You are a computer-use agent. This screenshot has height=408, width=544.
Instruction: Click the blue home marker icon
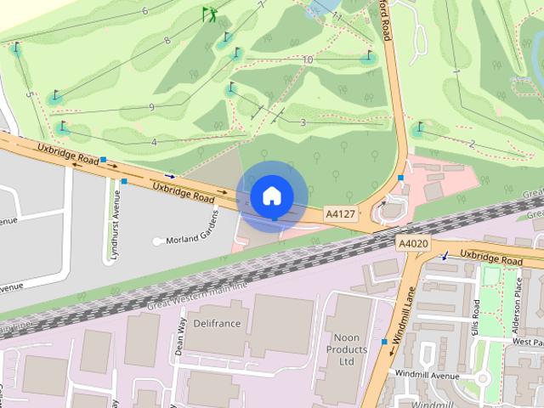tap(271, 196)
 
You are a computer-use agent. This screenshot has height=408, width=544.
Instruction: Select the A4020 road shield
tap(413, 244)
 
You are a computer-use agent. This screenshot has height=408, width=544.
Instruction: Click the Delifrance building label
tap(218, 324)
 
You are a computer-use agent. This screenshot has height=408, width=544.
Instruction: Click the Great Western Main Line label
tap(197, 293)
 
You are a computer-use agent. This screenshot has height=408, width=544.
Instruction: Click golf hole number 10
tap(308, 59)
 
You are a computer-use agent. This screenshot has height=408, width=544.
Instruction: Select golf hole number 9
tap(151, 107)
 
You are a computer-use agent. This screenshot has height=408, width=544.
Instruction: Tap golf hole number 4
tap(154, 142)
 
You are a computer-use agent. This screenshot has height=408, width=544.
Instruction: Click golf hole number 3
tap(303, 122)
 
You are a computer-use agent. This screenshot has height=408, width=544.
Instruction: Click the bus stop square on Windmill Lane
tap(384, 341)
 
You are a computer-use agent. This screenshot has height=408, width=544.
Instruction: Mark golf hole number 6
tap(144, 11)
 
